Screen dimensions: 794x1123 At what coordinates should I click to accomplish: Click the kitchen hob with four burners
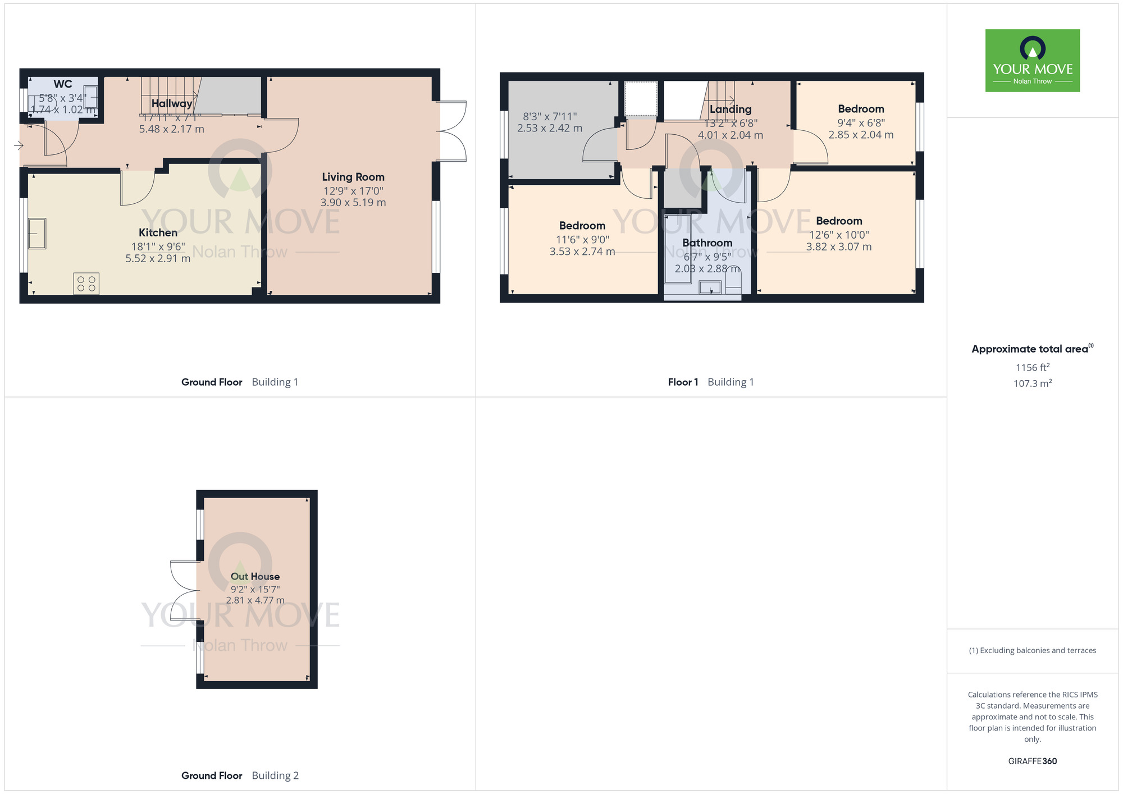(x=86, y=284)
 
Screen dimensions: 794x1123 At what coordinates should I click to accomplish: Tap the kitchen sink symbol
(x=37, y=234)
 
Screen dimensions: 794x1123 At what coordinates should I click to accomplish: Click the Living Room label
(x=353, y=177)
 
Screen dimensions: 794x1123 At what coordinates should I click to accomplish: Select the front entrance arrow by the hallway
(x=19, y=146)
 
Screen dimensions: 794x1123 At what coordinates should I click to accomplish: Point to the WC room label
(x=62, y=84)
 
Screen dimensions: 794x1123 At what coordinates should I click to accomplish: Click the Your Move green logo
(x=1032, y=61)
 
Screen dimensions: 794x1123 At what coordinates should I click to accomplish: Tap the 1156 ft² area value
(x=1032, y=368)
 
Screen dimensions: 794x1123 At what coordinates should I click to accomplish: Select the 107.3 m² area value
(x=1032, y=384)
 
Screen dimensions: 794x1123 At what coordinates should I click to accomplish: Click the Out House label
(x=255, y=577)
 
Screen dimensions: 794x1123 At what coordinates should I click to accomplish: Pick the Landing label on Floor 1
(x=730, y=109)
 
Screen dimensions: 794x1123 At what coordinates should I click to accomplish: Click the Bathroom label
(x=707, y=243)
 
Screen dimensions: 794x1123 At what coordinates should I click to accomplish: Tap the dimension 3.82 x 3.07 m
(x=839, y=247)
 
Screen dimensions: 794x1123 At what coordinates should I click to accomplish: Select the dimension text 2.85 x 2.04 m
(x=861, y=135)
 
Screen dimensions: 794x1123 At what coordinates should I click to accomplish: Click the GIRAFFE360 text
(x=1032, y=761)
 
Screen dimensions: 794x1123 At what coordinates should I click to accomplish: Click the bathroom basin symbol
(x=710, y=288)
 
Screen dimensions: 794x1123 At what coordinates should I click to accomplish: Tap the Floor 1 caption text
(x=683, y=382)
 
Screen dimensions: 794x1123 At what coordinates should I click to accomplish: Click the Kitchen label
(x=158, y=233)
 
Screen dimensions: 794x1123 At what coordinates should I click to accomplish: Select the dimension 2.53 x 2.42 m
(x=549, y=129)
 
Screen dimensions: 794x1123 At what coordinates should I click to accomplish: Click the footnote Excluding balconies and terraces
(x=1032, y=651)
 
